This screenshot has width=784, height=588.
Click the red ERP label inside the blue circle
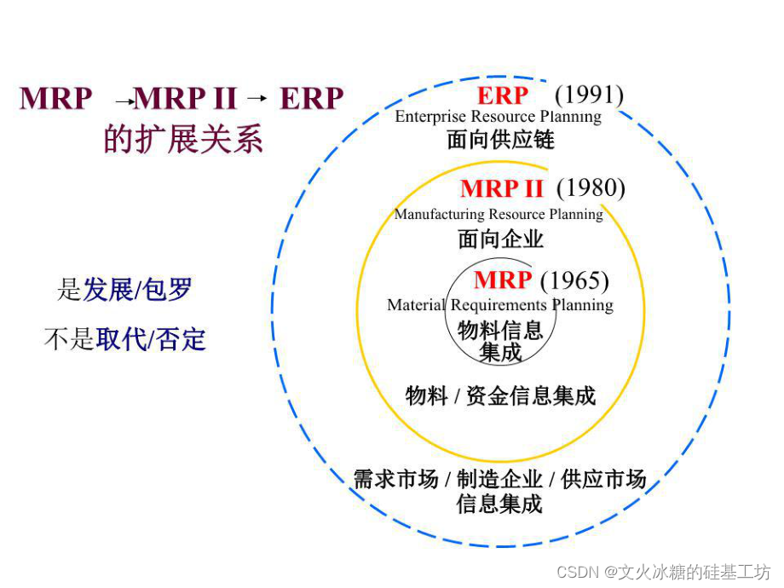[x=503, y=95]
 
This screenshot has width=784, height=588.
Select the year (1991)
[x=590, y=95]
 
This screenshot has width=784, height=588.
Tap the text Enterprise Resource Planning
[x=498, y=117]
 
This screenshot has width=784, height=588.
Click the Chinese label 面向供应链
[x=500, y=139]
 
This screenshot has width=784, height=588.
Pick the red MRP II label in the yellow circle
[x=502, y=188]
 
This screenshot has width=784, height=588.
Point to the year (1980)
[x=591, y=187]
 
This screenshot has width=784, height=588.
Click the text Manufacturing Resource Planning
[x=499, y=214]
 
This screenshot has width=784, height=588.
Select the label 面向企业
[x=500, y=239]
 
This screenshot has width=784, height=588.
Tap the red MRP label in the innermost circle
[x=503, y=280]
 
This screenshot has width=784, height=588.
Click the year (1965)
[x=575, y=280]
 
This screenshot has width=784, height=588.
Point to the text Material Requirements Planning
[x=500, y=304]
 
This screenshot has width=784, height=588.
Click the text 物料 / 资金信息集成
[x=500, y=395]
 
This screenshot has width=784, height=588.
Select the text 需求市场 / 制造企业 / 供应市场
[x=500, y=479]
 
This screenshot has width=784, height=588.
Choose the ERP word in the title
[x=311, y=99]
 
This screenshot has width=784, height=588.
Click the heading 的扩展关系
[x=183, y=139]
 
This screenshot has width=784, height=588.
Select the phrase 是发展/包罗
[x=124, y=290]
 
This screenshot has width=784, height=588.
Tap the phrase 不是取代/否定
[x=124, y=339]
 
